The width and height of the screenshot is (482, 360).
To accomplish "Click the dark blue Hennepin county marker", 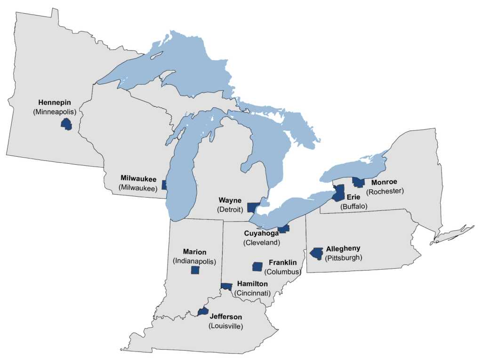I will click(66, 124).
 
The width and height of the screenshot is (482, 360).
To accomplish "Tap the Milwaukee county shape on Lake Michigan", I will click(164, 185).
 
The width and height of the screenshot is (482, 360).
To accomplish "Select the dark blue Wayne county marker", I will click(253, 207).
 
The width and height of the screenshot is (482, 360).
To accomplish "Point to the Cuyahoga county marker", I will click(283, 229).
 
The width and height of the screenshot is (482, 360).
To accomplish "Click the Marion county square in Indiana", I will click(195, 270).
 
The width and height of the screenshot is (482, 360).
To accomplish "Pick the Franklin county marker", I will click(257, 266).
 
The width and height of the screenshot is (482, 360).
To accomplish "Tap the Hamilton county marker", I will click(226, 286).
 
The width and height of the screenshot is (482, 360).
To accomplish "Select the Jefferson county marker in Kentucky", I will click(203, 312).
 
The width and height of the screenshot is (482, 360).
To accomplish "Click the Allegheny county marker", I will click(317, 253).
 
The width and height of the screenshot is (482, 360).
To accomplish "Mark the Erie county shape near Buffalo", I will click(338, 193).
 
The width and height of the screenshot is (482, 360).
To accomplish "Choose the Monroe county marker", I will click(359, 182).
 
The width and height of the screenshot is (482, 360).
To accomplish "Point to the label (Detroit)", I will click(230, 209).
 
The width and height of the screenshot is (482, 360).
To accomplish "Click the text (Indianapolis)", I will click(194, 261).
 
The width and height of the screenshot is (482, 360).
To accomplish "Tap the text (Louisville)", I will click(225, 326).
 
